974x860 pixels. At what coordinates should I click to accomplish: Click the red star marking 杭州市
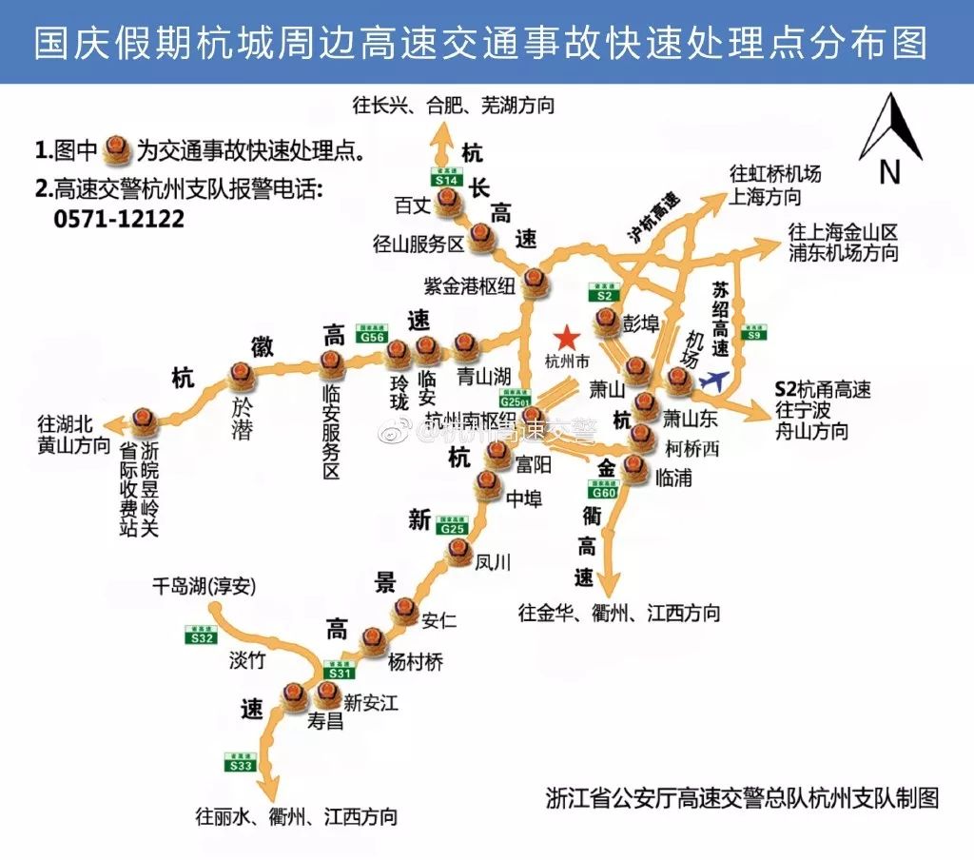(566, 337)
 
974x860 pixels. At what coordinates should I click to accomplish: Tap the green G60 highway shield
(604, 491)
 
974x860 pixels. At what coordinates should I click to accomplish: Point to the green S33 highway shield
(242, 761)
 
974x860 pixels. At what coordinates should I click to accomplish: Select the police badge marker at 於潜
(241, 376)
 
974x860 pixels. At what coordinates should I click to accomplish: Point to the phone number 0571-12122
(120, 218)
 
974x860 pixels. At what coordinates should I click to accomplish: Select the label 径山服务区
(419, 244)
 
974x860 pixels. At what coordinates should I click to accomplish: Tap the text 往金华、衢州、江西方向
(618, 612)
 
